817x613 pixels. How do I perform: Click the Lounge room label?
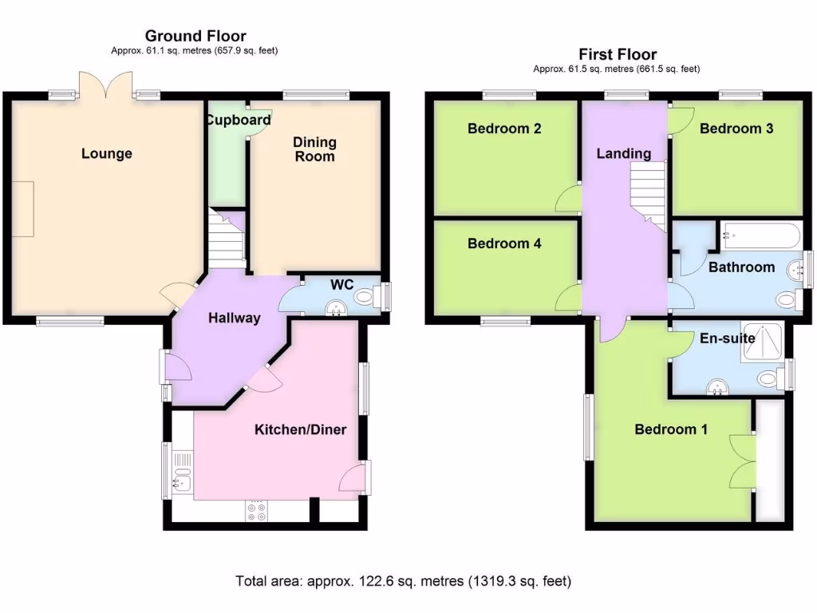106,153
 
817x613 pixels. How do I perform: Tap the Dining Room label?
314,149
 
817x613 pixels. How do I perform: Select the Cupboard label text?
238,121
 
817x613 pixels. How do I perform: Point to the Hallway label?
234,318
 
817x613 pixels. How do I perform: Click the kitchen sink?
180,480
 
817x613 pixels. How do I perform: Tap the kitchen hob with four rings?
258,511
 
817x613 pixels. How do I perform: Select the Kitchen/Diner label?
300,430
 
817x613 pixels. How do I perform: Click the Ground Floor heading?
195,36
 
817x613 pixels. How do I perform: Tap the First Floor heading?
618,54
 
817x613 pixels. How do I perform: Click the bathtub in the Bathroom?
759,235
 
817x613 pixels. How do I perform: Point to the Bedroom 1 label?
670,429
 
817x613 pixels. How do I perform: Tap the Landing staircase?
649,192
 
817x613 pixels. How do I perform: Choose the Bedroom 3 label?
736,129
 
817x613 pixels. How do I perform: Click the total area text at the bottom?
403,580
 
